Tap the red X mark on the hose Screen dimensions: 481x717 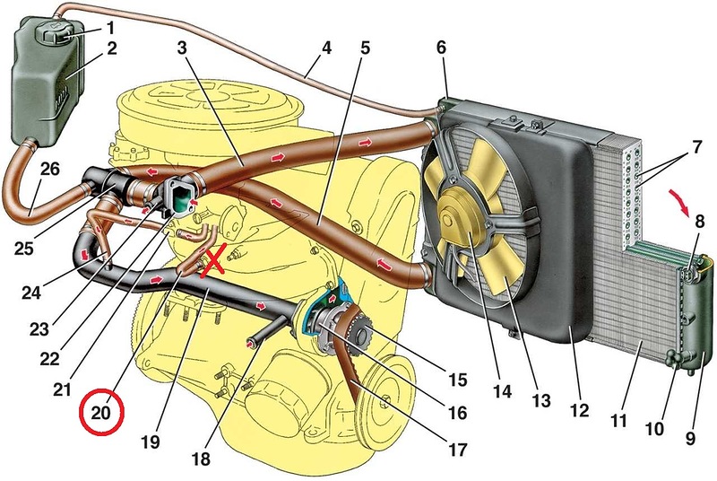point(214,262)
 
